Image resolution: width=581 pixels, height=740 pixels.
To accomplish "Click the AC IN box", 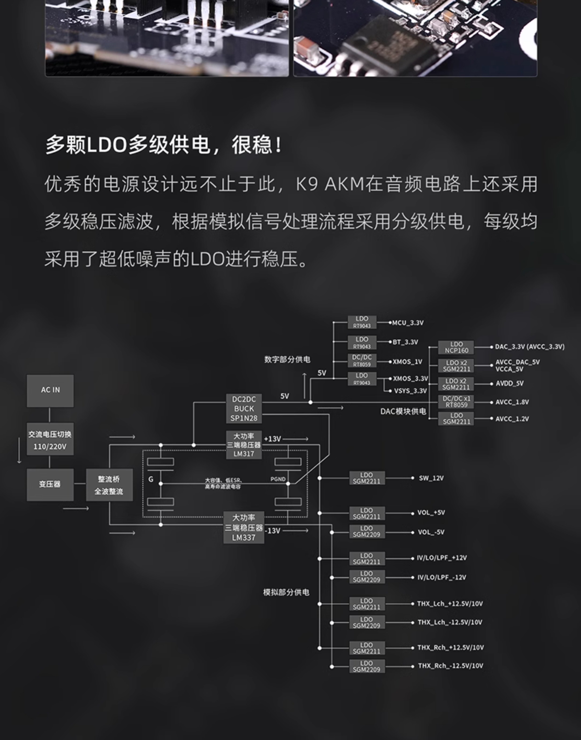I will point(50,390).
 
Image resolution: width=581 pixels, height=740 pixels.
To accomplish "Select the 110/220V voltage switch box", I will point(50,440).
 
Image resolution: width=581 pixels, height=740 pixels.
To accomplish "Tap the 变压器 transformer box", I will point(50,484).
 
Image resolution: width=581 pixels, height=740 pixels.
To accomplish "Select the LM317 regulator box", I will point(244,445).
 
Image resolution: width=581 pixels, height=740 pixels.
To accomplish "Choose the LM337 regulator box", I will point(244,527).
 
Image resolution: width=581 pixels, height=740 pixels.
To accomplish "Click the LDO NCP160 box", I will point(456,347).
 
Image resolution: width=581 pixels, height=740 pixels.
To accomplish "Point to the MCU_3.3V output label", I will point(408,323).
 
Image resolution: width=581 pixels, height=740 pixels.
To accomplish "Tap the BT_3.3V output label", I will point(406,342).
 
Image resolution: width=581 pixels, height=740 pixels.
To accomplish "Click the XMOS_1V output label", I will point(407,362).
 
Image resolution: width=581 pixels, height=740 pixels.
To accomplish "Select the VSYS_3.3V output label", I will point(410,391).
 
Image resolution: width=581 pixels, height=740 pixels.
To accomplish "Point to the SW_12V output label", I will point(431,478).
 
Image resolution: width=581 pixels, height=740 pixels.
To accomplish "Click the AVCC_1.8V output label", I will point(512,402).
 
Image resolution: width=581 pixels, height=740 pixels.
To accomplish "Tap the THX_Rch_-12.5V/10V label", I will point(450,666).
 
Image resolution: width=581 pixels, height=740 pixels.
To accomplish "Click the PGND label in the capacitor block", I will point(278,479).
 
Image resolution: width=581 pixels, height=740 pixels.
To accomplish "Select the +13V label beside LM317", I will point(272,439).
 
